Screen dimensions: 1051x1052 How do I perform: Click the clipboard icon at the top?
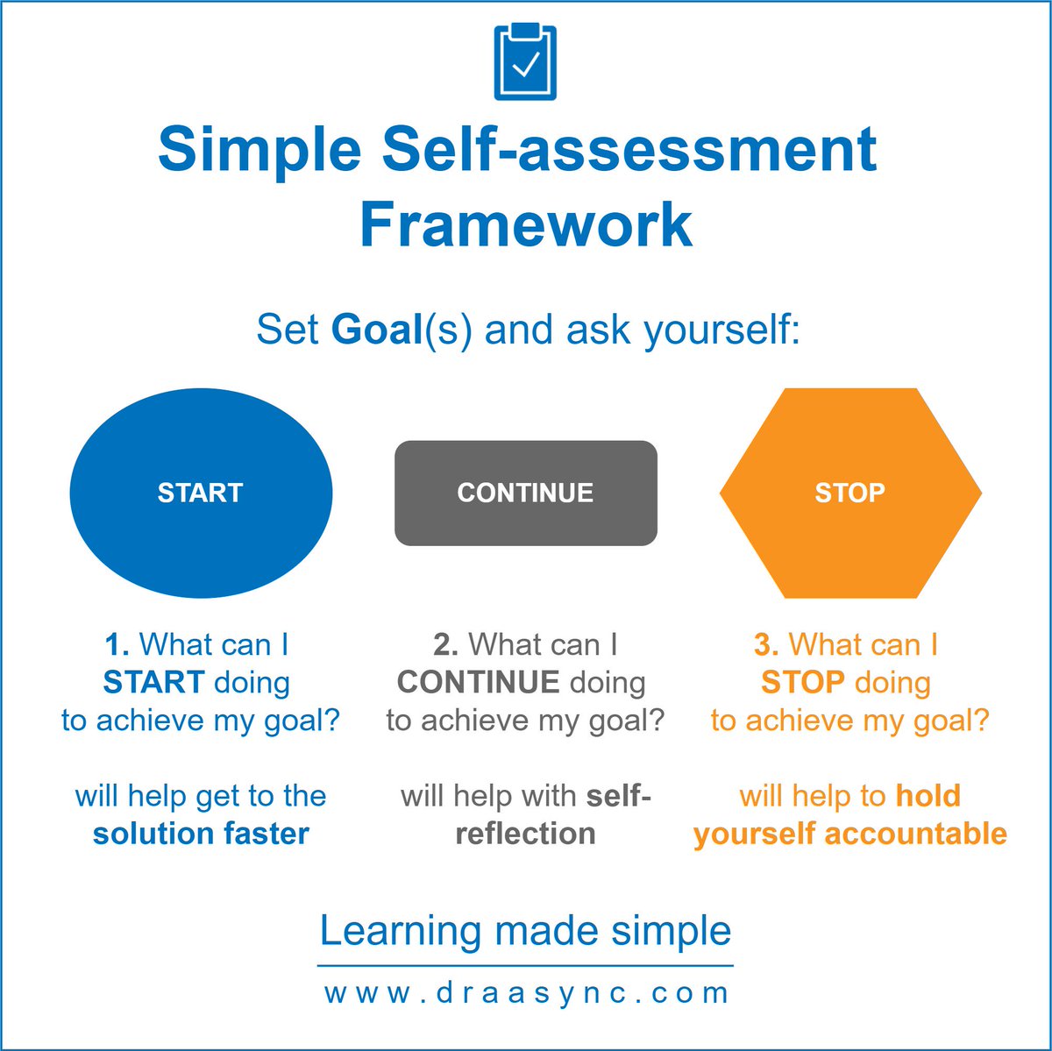point(525,62)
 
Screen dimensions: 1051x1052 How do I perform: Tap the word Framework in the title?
point(526,224)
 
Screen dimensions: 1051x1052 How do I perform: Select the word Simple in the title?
point(259,149)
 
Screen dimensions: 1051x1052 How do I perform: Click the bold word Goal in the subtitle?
point(377,330)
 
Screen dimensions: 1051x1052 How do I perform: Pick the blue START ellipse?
point(201,493)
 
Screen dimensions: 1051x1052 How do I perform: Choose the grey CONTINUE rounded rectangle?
point(525,493)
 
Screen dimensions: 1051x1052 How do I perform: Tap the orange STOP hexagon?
point(849,493)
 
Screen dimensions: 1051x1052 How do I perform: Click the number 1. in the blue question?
point(117,645)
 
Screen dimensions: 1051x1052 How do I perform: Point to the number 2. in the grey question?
point(445,645)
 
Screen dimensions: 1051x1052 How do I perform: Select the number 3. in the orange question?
point(766,645)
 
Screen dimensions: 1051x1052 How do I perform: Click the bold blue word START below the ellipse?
point(153,683)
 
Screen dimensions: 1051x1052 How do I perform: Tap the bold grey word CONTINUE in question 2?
point(478,683)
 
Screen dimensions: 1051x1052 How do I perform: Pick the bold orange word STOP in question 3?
point(802,683)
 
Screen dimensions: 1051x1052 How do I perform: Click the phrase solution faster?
point(201,834)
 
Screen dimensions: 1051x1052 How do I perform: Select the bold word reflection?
point(525,834)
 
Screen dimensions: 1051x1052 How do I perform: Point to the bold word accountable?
point(915,834)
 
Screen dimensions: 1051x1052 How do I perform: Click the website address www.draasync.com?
point(526,994)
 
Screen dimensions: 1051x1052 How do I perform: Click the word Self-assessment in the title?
point(629,149)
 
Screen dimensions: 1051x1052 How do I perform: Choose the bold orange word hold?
point(928,796)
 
